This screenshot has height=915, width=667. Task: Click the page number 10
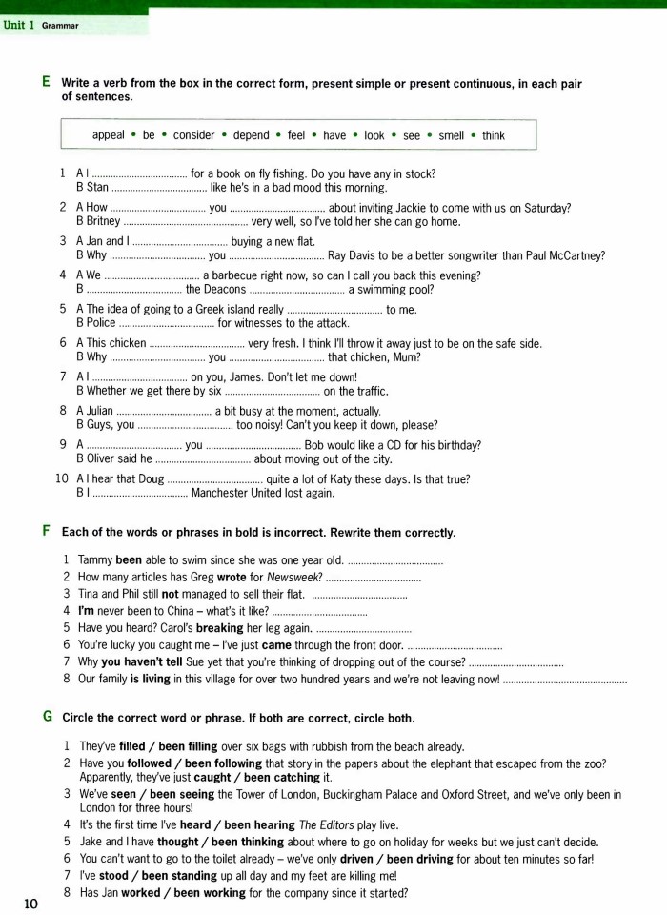click(x=30, y=904)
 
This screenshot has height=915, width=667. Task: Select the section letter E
click(x=47, y=83)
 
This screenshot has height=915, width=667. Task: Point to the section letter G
click(x=48, y=716)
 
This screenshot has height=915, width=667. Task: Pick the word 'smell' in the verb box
click(x=451, y=135)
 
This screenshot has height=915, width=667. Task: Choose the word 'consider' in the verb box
click(x=193, y=135)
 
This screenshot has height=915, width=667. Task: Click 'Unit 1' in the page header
click(x=19, y=25)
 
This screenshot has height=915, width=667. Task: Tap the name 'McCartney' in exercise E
click(x=573, y=255)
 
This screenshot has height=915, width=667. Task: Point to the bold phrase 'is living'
click(x=141, y=680)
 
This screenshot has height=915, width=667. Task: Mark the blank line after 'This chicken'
click(x=197, y=343)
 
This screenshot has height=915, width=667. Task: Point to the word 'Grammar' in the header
click(x=59, y=26)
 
